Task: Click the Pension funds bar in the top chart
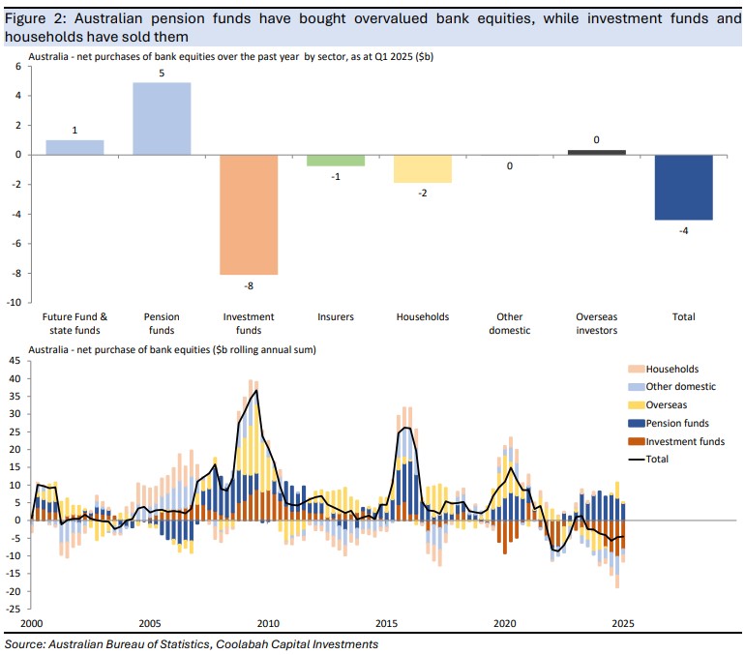coord(162,118)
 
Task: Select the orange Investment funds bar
coord(249,215)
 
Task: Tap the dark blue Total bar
coord(684,188)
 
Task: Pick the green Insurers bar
coord(336,161)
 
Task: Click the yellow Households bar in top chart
coord(423,168)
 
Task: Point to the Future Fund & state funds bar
coord(74,147)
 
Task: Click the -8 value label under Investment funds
coord(249,284)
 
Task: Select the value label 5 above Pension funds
coord(162,73)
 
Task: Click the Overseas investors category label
coord(596,323)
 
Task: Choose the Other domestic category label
coord(510,323)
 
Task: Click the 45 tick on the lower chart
coord(14,361)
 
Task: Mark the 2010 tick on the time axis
coord(268,623)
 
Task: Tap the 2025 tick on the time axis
coord(623,623)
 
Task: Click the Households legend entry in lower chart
coord(671,369)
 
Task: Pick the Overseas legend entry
coord(668,404)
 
